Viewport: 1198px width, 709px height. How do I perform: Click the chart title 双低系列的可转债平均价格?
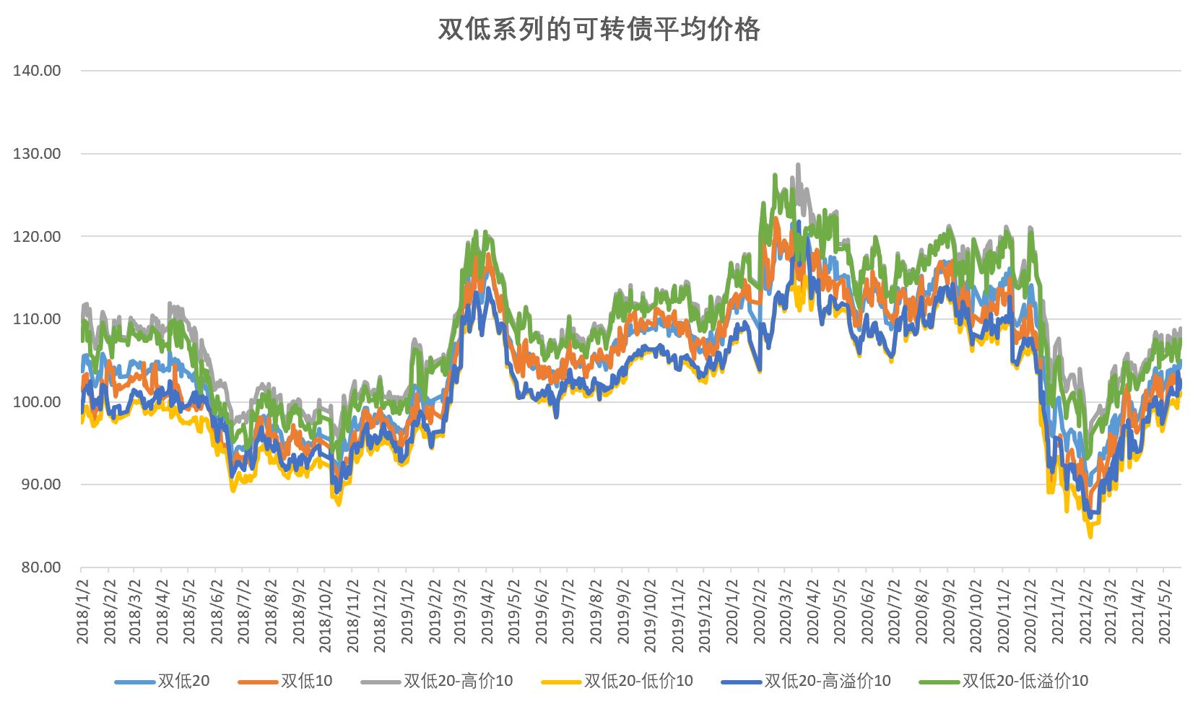click(599, 30)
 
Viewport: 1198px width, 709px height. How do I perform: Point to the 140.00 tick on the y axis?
click(37, 71)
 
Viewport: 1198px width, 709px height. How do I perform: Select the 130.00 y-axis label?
click(37, 154)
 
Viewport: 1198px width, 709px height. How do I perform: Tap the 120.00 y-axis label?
click(37, 237)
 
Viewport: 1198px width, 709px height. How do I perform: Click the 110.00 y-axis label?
click(37, 319)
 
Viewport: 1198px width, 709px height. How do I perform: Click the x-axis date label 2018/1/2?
click(82, 611)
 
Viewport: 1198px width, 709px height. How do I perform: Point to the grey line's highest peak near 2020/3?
click(798, 165)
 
